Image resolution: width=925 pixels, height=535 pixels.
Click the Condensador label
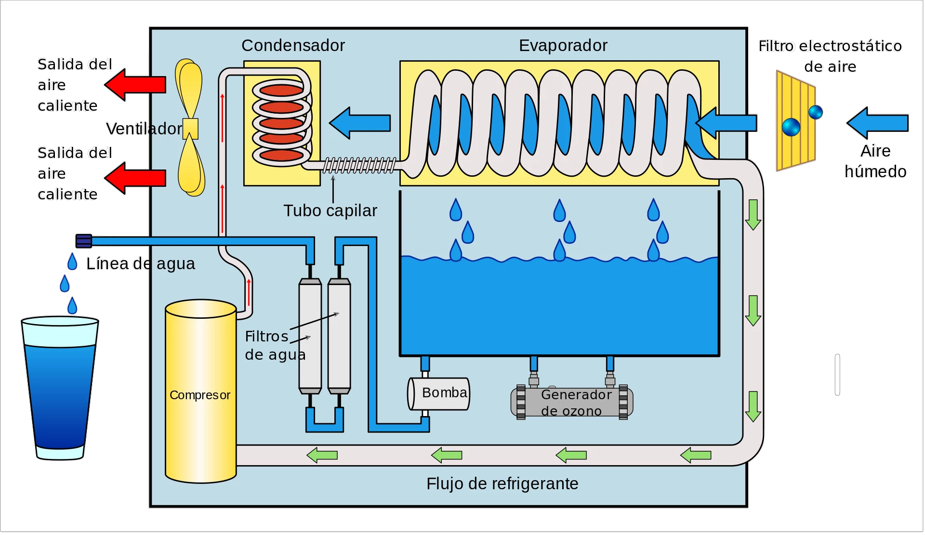tap(293, 45)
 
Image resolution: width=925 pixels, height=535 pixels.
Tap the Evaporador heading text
tap(563, 45)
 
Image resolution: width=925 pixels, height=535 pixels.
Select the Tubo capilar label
tap(330, 210)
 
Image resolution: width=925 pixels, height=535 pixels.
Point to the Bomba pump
tap(439, 393)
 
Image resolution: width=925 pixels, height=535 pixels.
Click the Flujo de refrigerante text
tap(502, 483)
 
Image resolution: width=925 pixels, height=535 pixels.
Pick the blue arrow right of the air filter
tap(877, 123)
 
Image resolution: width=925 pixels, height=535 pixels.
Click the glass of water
tap(60, 388)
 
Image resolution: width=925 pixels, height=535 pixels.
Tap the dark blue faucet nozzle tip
tap(83, 241)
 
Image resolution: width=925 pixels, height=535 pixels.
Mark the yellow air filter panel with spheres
tap(795, 121)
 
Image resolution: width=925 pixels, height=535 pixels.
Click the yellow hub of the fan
tap(190, 129)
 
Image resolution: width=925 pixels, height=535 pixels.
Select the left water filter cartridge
tap(310, 336)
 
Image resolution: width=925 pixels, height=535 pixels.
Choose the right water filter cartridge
tap(339, 336)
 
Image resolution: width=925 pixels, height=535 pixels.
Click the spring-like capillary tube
tap(359, 165)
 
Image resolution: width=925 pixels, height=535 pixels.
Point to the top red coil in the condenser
tap(281, 90)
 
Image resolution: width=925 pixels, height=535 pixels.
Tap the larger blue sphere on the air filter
tap(791, 127)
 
